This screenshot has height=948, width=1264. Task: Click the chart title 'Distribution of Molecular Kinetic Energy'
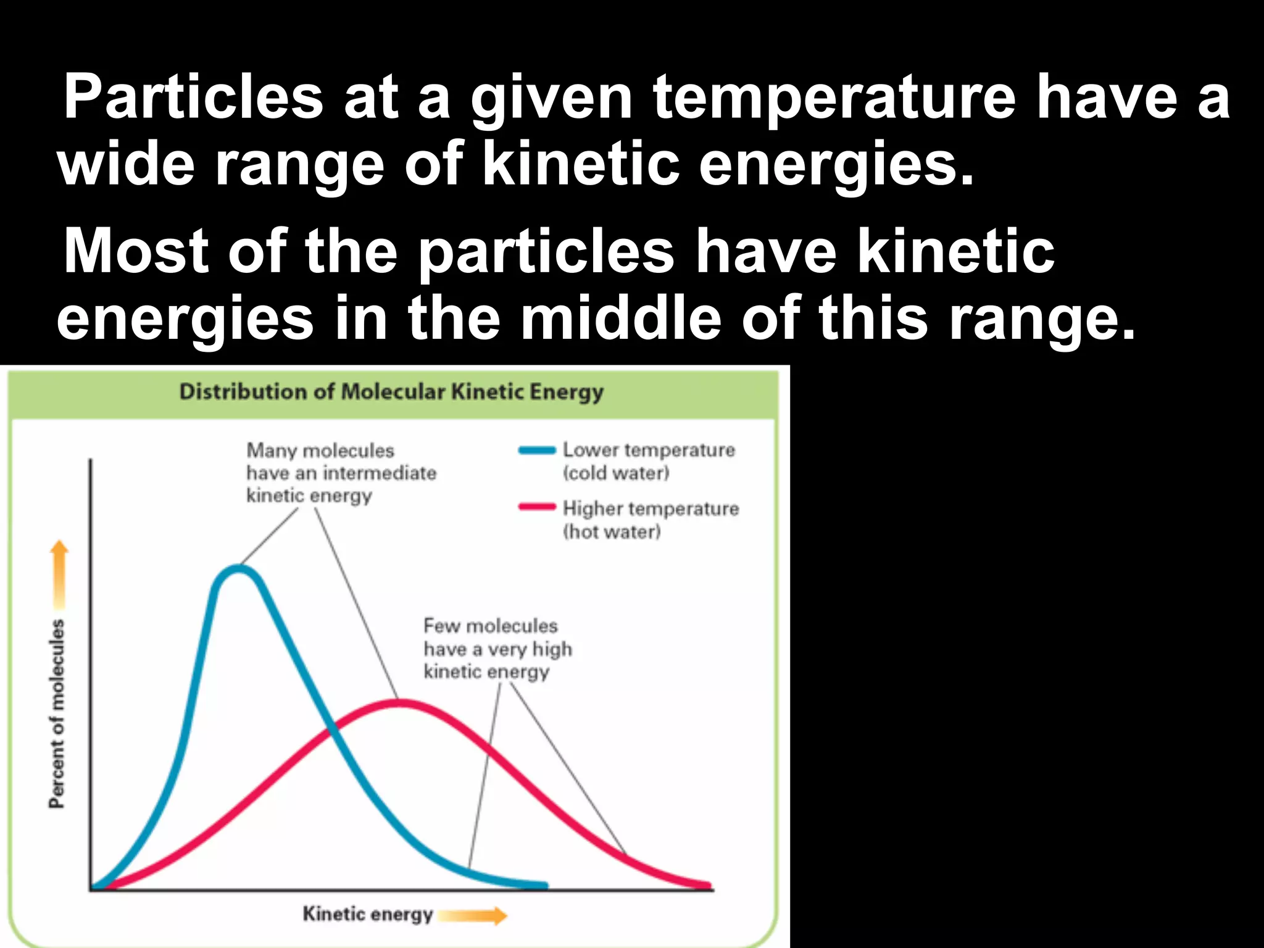pos(391,392)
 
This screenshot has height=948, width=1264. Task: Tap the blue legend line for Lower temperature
pos(537,450)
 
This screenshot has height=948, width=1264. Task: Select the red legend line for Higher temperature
pos(537,508)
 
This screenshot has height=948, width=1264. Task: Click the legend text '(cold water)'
pos(616,473)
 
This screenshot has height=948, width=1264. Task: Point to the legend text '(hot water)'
pos(612,531)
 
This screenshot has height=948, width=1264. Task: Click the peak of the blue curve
pos(238,568)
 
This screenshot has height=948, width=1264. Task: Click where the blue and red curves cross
pos(334,731)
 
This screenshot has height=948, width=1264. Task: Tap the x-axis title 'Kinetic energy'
pos(367,914)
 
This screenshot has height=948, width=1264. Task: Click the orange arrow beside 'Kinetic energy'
pos(473,916)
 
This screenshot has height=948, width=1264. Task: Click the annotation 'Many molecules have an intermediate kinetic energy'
pos(340,473)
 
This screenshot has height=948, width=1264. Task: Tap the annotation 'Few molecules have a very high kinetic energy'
pos(497,649)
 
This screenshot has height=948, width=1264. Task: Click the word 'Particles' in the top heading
pos(193,97)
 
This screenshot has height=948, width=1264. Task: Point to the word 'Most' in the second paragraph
pos(136,251)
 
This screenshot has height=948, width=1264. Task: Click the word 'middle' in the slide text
pos(621,318)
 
